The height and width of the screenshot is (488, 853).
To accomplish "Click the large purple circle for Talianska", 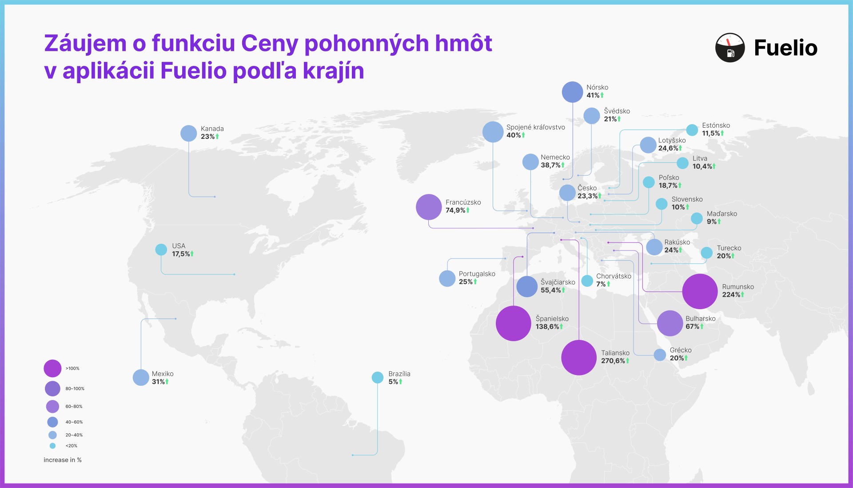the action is click(579, 358).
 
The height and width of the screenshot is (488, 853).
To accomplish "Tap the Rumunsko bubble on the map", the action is click(700, 291).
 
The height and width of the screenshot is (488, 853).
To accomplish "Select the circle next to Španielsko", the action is click(514, 323).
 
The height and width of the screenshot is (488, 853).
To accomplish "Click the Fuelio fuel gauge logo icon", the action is click(730, 48).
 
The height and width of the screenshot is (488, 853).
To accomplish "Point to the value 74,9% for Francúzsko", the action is click(455, 210).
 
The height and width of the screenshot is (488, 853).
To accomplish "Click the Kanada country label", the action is click(212, 129).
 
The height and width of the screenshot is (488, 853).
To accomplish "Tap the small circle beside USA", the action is click(161, 250).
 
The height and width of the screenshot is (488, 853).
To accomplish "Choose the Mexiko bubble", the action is click(141, 378).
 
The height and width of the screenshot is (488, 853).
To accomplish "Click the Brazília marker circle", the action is click(378, 378).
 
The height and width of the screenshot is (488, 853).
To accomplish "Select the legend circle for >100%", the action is click(52, 368).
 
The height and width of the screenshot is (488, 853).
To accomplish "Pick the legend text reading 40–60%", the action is click(74, 422).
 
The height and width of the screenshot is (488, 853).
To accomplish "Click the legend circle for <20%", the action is click(52, 446).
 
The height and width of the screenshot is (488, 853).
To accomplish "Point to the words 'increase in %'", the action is click(63, 460).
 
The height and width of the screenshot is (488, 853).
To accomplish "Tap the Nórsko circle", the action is click(572, 92).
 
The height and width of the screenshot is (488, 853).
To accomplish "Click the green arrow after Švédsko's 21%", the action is click(619, 119).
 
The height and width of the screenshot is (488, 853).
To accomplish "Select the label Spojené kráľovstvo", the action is click(536, 127).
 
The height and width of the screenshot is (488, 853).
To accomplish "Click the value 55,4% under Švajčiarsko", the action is click(550, 290).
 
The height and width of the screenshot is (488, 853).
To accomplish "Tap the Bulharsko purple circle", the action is click(670, 323).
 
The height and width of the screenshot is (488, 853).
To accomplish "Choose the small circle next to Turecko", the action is click(707, 253).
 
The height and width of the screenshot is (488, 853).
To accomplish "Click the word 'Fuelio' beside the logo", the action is click(786, 48).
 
